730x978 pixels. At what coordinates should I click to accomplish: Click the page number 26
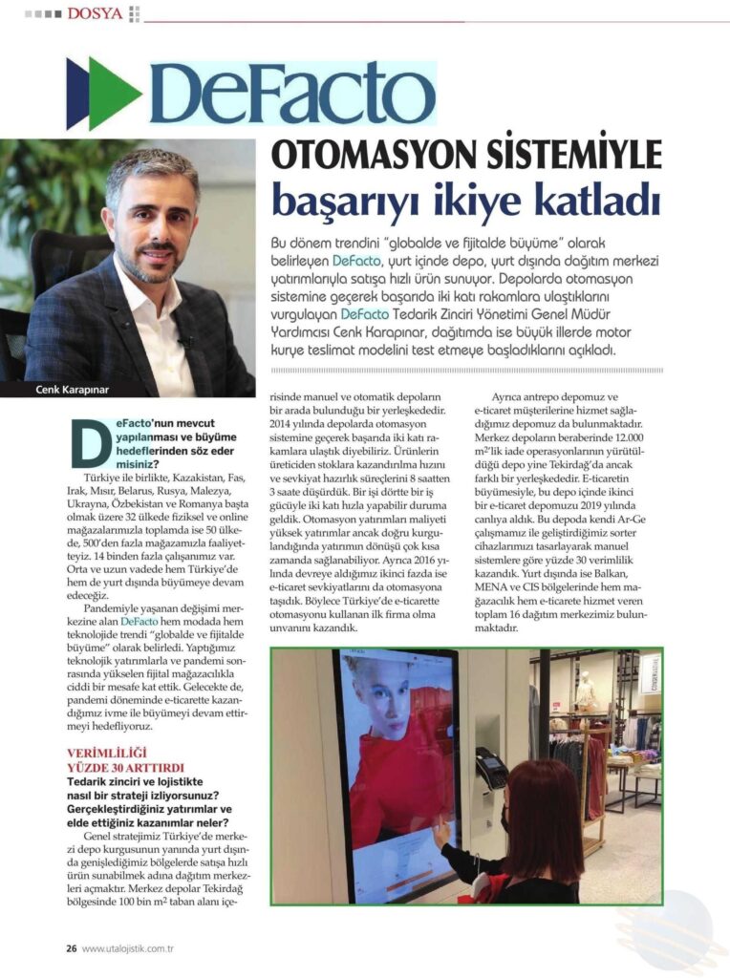click(x=71, y=948)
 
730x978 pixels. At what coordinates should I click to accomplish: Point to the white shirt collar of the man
click(x=162, y=306)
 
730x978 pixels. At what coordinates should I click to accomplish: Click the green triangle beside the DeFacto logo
click(x=117, y=94)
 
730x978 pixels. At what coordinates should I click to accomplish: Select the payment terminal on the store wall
click(x=489, y=769)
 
